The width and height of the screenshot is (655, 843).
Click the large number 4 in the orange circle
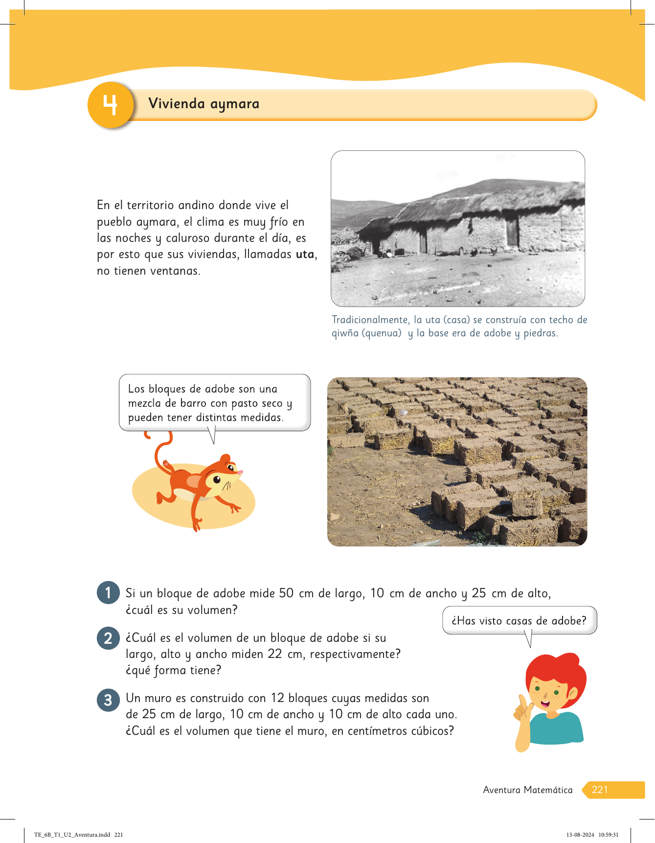pyautogui.click(x=111, y=105)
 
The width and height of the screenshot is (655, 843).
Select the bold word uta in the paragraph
pyautogui.click(x=305, y=255)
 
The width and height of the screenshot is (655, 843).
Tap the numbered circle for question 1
pyautogui.click(x=108, y=593)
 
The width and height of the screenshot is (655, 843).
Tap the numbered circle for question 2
pyautogui.click(x=108, y=638)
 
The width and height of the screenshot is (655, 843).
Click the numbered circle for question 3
pyautogui.click(x=108, y=700)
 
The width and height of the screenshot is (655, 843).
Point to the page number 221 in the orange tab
pyautogui.click(x=600, y=790)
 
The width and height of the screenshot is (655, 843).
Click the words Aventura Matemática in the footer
pyautogui.click(x=527, y=790)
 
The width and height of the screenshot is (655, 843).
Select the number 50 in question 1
pyautogui.click(x=286, y=593)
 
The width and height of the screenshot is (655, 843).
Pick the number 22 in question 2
pyautogui.click(x=275, y=654)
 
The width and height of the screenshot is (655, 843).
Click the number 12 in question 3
pyautogui.click(x=277, y=698)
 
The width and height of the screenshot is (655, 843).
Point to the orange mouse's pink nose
pyautogui.click(x=240, y=472)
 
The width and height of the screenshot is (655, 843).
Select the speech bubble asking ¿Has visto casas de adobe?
pyautogui.click(x=519, y=621)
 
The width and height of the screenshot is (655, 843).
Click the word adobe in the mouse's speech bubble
pyautogui.click(x=220, y=389)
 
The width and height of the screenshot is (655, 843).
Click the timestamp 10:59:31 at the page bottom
pyautogui.click(x=608, y=835)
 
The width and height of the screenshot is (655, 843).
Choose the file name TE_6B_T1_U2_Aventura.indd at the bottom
pyautogui.click(x=72, y=835)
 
